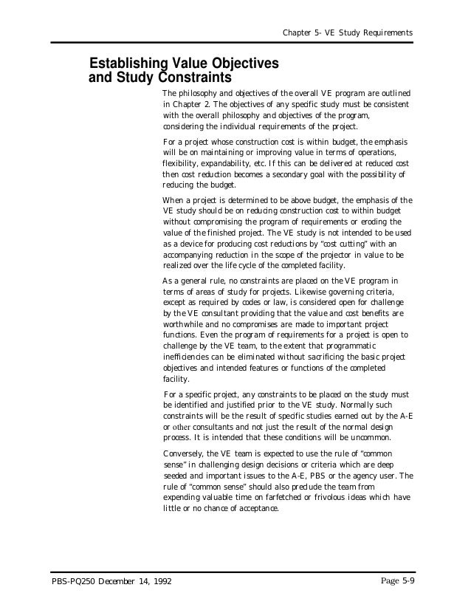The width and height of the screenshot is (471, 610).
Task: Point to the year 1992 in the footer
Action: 159,581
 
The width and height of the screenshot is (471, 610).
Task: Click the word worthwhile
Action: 185,324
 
